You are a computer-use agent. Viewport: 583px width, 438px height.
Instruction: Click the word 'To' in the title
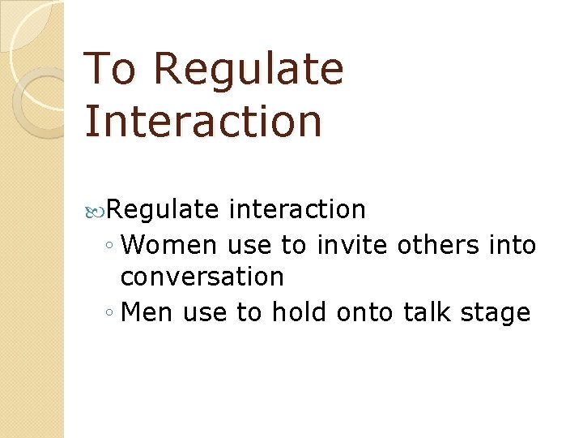[110, 68]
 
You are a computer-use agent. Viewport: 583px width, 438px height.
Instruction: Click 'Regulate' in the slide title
[248, 70]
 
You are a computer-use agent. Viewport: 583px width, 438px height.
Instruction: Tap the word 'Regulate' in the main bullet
[163, 210]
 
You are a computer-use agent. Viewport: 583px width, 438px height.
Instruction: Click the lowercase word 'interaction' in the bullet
[297, 210]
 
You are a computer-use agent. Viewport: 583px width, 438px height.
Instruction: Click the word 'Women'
[172, 244]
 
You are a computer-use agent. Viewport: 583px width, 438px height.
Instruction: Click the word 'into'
[513, 244]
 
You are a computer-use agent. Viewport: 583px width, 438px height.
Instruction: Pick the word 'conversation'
[202, 277]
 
